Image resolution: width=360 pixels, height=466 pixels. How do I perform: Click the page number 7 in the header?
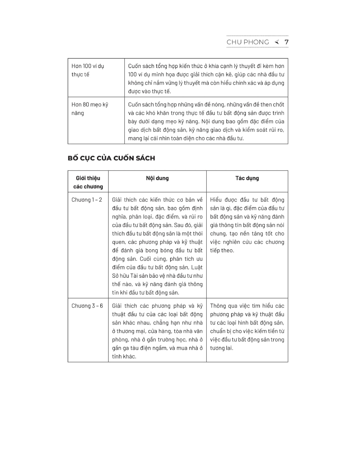click(x=286, y=42)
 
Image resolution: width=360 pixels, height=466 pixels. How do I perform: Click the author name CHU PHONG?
click(x=248, y=42)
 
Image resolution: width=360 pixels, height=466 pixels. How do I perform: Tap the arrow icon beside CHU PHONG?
click(x=277, y=42)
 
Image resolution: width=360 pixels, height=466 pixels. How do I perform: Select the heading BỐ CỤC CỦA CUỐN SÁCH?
click(x=111, y=158)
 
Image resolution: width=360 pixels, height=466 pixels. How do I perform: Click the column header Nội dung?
click(x=157, y=178)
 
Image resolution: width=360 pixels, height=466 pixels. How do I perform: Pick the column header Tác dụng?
click(x=247, y=178)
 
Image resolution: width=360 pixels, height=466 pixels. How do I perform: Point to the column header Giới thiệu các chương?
click(x=88, y=182)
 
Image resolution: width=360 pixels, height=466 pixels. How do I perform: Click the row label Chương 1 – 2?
click(x=87, y=200)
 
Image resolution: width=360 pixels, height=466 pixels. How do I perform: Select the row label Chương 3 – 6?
click(x=87, y=306)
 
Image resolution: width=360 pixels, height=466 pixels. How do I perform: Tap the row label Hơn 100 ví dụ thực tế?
click(x=88, y=70)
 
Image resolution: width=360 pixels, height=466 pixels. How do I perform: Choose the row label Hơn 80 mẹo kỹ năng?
click(x=89, y=109)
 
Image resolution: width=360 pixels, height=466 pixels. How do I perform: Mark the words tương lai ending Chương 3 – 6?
click(x=221, y=348)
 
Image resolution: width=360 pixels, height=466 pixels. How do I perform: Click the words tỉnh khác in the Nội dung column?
click(x=124, y=357)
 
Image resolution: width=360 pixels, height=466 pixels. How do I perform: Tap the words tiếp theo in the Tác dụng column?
click(x=222, y=250)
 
